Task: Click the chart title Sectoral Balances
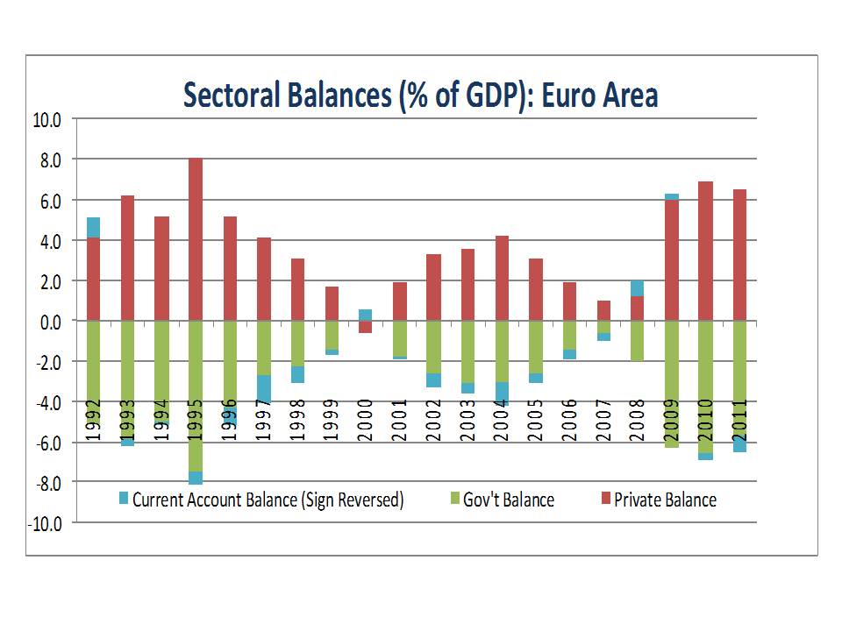click(420, 95)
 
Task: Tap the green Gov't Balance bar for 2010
click(705, 386)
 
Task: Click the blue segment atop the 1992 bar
click(93, 228)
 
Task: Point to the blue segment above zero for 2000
click(365, 315)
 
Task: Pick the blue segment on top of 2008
click(638, 288)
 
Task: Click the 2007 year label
click(603, 416)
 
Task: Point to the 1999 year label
click(332, 416)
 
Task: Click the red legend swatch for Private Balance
click(603, 500)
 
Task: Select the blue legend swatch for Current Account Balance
click(123, 500)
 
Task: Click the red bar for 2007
click(603, 311)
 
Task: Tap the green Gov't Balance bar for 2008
click(638, 341)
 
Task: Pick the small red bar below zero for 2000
click(365, 327)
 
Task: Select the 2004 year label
click(502, 416)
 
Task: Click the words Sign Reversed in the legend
click(352, 500)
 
